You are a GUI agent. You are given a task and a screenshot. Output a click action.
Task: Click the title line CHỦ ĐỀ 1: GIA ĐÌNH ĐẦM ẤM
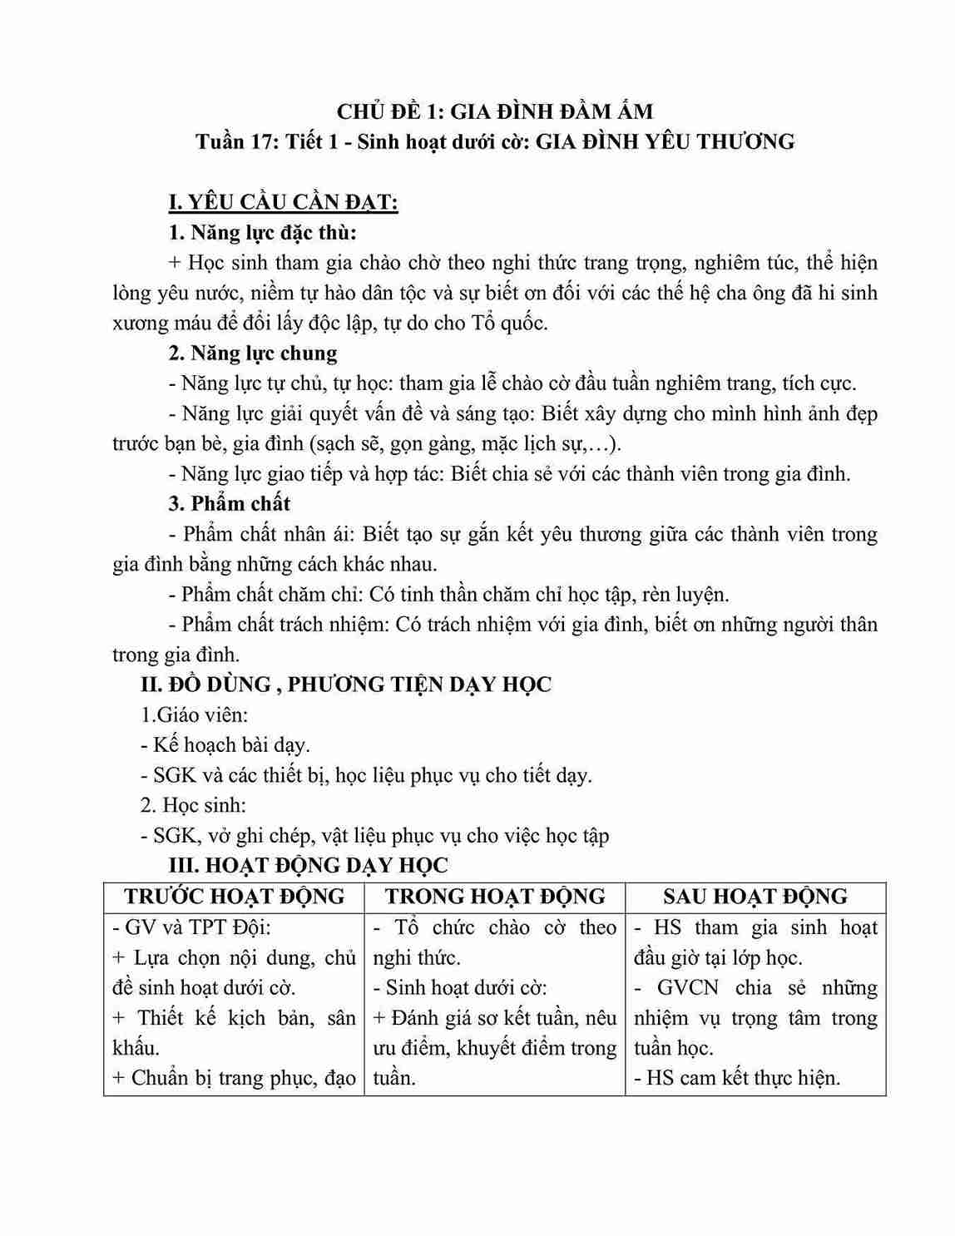click(494, 111)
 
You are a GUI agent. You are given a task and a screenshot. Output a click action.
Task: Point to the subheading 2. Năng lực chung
click(253, 353)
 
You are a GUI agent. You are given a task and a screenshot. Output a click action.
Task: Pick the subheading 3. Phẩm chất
click(229, 504)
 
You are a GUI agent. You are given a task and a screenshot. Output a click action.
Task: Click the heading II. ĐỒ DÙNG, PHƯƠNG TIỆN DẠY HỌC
click(345, 685)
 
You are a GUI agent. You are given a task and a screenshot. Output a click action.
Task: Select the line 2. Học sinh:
click(193, 805)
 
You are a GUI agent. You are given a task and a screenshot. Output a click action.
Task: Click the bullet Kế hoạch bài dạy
click(225, 744)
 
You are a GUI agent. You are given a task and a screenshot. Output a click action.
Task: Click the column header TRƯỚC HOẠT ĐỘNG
click(234, 897)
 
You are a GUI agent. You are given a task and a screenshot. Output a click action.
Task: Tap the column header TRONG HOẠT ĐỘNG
click(495, 897)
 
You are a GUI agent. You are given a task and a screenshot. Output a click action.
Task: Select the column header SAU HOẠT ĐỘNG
click(755, 897)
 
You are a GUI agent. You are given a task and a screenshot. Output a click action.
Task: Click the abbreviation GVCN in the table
click(693, 988)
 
